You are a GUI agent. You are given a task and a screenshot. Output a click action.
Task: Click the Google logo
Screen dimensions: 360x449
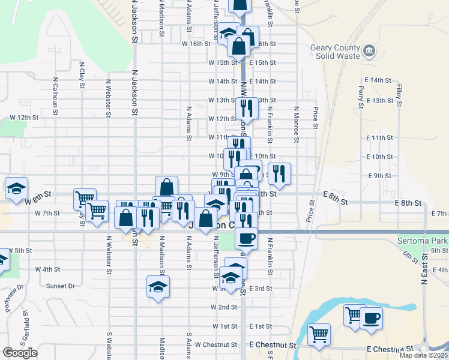click(20, 353)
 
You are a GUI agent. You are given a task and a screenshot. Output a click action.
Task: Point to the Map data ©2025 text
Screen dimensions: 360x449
click(424, 355)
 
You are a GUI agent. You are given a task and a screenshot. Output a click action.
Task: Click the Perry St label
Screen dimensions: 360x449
click(361, 96)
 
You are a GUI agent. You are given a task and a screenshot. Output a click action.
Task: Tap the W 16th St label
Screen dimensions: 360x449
click(196, 44)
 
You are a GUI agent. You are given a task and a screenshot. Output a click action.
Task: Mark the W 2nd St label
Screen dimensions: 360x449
click(224, 307)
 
